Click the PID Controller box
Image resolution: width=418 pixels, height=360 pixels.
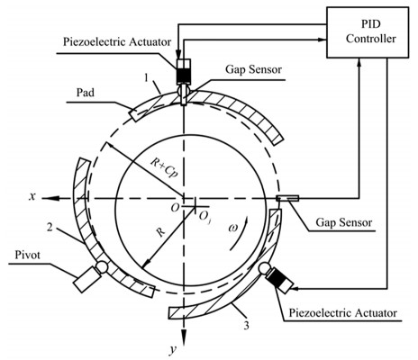point(368,32)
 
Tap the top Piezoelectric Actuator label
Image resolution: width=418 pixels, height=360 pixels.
point(117,41)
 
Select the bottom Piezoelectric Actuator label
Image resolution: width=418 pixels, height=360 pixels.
point(343,313)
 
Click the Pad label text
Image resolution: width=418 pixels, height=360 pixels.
point(86,93)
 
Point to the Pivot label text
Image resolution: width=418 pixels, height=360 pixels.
point(28,255)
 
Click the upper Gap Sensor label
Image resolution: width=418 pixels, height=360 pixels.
point(254,69)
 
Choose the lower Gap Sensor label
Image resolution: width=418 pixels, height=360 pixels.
point(344,222)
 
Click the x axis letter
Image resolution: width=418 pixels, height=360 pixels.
point(32,196)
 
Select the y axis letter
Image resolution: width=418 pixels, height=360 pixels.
point(173,349)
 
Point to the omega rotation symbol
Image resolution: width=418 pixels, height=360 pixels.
point(232,228)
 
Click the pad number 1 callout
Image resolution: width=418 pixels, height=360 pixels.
point(147,78)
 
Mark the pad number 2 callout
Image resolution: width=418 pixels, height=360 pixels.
point(50,227)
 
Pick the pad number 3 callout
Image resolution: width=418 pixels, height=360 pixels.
point(246,326)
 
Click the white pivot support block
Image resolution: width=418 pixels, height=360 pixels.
point(86,280)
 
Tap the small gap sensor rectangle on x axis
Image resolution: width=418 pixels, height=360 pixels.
point(287,198)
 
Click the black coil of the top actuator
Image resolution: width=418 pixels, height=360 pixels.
point(184,75)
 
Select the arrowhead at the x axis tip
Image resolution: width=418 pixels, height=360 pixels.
point(50,198)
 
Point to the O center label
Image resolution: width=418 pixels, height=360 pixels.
point(175,207)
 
